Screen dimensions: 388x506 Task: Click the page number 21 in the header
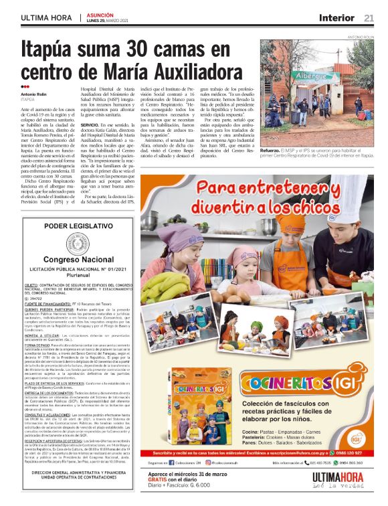pyautogui.click(x=369, y=17)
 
